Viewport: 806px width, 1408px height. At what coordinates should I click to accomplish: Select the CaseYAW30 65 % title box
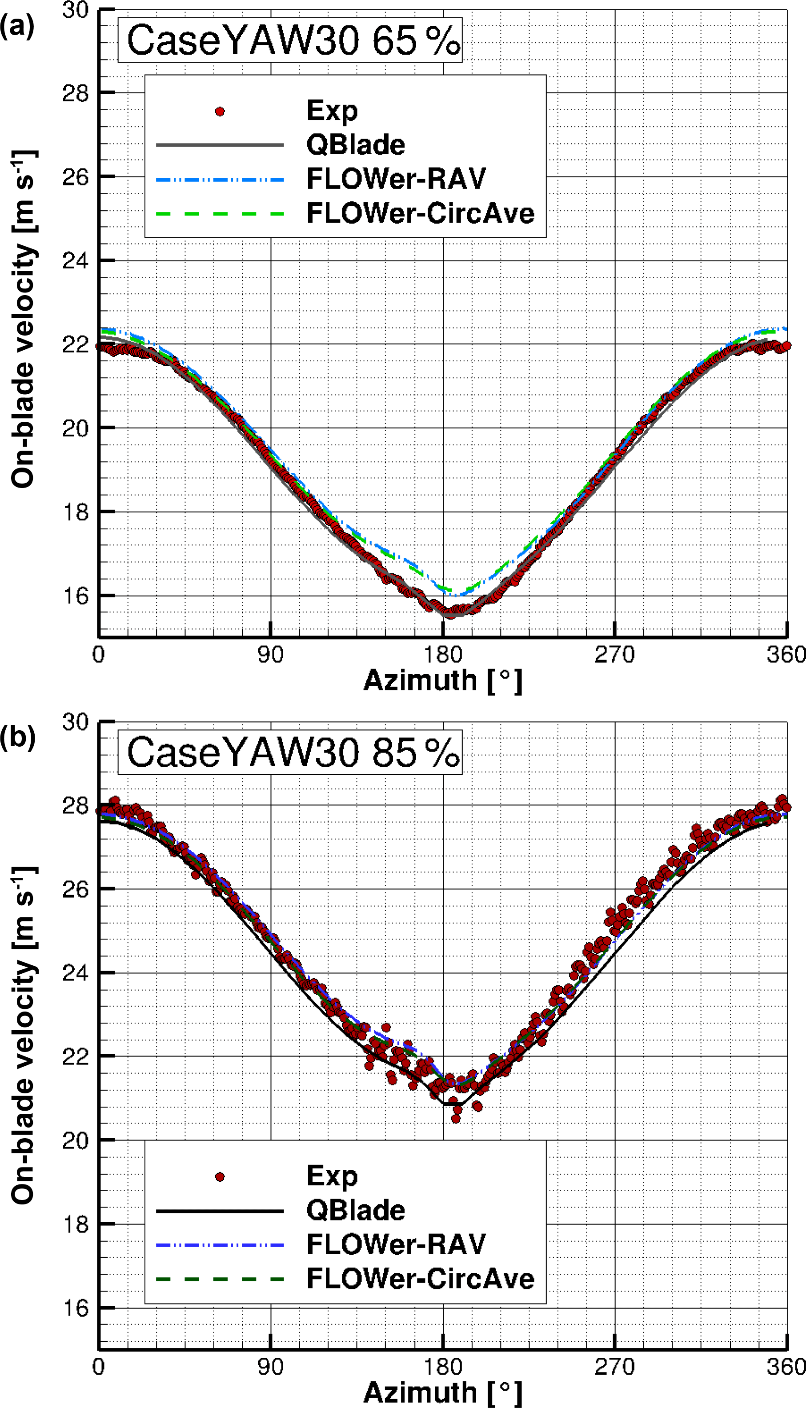(x=289, y=40)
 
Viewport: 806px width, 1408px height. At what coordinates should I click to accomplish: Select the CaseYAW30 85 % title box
(x=289, y=752)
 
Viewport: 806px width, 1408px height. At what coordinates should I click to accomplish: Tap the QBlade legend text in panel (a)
(x=355, y=145)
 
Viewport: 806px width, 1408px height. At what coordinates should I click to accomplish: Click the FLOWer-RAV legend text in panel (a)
(x=396, y=179)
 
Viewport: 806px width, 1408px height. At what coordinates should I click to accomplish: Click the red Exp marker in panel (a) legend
(x=220, y=112)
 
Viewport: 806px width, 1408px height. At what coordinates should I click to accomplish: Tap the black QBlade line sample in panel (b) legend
(x=220, y=1211)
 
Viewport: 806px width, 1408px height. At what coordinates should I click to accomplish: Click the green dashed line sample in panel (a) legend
(x=220, y=213)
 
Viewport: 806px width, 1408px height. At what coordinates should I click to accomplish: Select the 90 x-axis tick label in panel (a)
(x=270, y=655)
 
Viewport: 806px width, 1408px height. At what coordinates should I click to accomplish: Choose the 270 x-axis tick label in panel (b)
(x=614, y=1367)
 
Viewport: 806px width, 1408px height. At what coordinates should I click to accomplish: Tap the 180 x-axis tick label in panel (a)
(x=443, y=655)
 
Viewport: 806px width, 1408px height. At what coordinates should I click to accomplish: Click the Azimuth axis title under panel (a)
(x=442, y=680)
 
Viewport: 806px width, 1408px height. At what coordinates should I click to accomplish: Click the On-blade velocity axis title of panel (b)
(x=23, y=1035)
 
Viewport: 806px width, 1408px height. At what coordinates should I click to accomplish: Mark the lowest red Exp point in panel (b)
(x=456, y=1119)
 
